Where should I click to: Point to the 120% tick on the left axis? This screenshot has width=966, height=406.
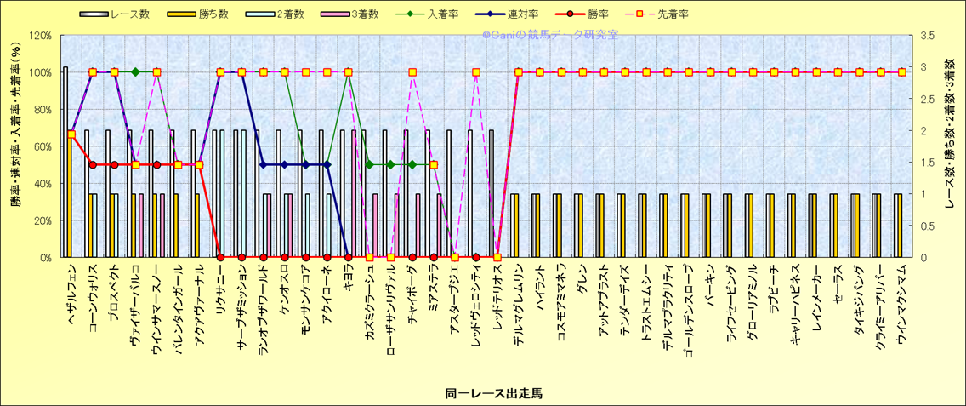(40, 36)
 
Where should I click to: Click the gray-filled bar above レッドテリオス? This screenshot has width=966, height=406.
(491, 193)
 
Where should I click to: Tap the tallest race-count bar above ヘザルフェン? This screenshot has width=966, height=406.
(65, 162)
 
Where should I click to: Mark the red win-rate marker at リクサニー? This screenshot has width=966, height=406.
(220, 257)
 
